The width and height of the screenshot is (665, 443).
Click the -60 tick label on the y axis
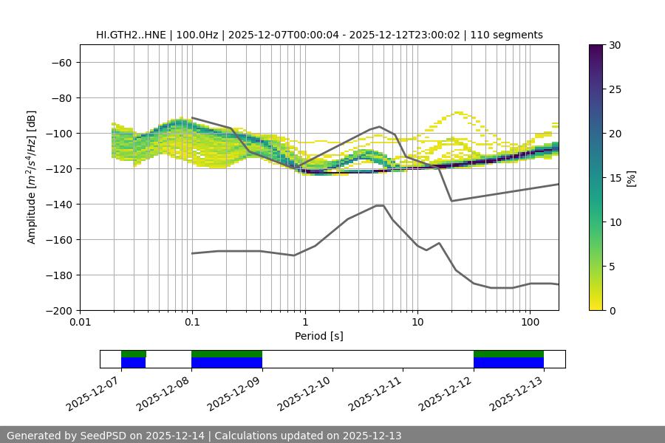click(61, 63)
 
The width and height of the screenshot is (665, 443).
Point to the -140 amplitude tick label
click(58, 205)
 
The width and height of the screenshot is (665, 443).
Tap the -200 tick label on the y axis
click(58, 311)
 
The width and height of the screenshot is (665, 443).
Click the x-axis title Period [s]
click(318, 336)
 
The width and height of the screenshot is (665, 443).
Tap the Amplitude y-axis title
click(32, 177)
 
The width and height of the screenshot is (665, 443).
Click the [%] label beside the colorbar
click(631, 178)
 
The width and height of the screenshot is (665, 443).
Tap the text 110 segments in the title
click(509, 35)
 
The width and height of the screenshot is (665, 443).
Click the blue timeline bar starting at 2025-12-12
click(508, 363)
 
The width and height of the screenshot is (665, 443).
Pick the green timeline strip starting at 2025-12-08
click(227, 354)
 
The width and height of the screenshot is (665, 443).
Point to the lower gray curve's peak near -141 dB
click(380, 205)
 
